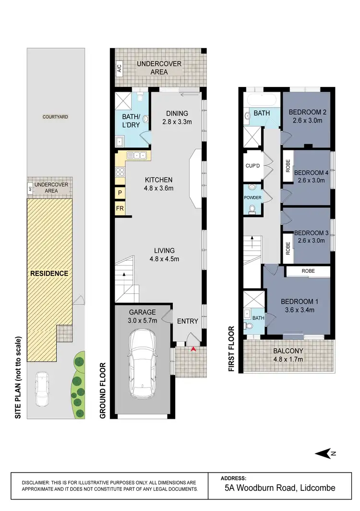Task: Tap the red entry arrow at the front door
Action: [193, 349]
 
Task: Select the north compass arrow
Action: [323, 453]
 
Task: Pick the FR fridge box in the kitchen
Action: [120, 208]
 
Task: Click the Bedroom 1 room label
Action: [298, 302]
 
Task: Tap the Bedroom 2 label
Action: [307, 113]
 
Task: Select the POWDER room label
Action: [252, 197]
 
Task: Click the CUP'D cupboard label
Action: [252, 166]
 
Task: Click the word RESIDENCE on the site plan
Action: [49, 273]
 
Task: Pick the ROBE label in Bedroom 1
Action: [308, 271]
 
